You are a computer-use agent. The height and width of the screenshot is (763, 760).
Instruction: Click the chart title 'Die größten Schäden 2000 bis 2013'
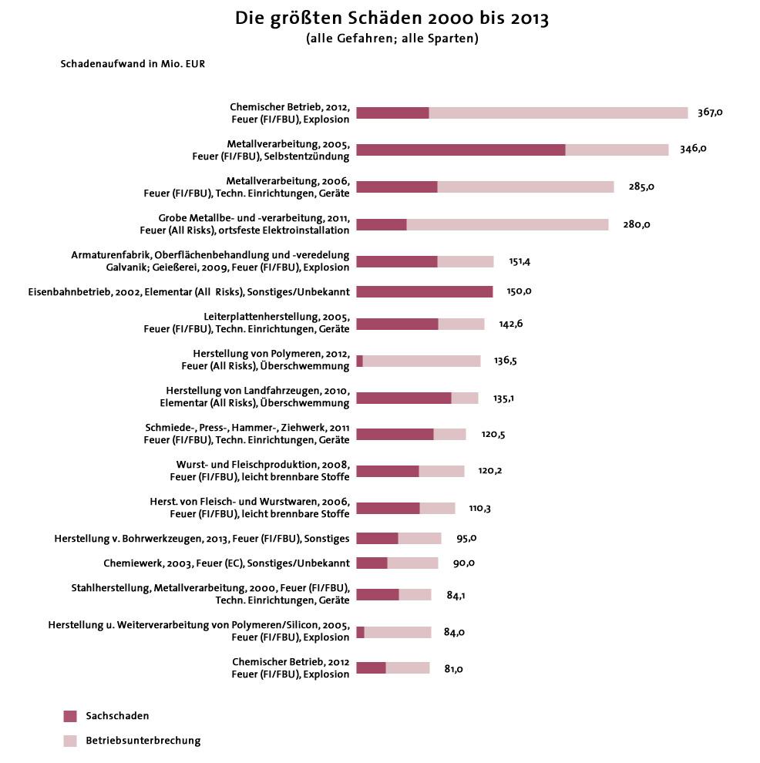click(392, 19)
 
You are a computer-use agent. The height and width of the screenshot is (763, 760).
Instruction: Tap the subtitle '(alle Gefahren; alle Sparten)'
click(392, 39)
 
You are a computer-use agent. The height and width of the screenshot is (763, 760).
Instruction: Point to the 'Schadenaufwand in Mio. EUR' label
click(133, 64)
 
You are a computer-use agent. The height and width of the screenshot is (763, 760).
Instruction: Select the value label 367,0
click(710, 113)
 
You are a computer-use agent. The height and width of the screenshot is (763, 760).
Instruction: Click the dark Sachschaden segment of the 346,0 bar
click(460, 150)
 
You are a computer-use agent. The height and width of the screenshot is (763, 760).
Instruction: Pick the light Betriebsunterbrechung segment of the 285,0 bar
click(525, 187)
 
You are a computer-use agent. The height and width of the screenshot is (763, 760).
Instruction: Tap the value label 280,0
click(637, 224)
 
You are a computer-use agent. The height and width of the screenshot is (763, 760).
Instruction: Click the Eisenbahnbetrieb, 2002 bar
click(424, 291)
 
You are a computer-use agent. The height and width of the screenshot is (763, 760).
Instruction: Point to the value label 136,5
click(506, 361)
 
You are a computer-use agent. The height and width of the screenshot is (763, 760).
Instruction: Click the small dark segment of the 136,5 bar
click(359, 361)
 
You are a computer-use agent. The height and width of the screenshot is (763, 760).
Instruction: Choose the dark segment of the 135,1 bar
click(403, 398)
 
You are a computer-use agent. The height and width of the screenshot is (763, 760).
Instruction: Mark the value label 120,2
click(490, 471)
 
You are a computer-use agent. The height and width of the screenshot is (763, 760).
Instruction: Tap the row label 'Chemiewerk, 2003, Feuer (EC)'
click(227, 563)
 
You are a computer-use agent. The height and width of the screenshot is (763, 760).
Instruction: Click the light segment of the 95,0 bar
click(419, 538)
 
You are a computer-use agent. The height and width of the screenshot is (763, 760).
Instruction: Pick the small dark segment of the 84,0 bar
click(360, 632)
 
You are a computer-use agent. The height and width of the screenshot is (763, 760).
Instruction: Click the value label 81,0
click(454, 669)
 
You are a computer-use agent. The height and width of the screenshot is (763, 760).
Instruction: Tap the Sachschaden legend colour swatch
click(70, 716)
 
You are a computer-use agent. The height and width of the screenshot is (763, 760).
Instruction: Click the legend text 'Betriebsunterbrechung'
click(143, 741)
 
